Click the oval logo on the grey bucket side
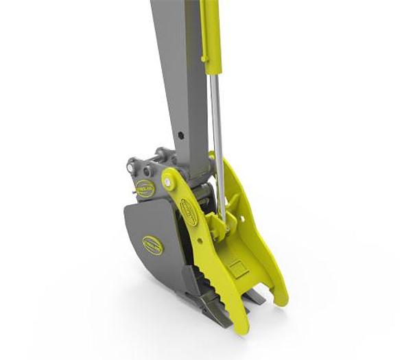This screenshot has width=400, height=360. coord(152,245)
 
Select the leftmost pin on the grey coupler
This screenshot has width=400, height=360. coord(130,166)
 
